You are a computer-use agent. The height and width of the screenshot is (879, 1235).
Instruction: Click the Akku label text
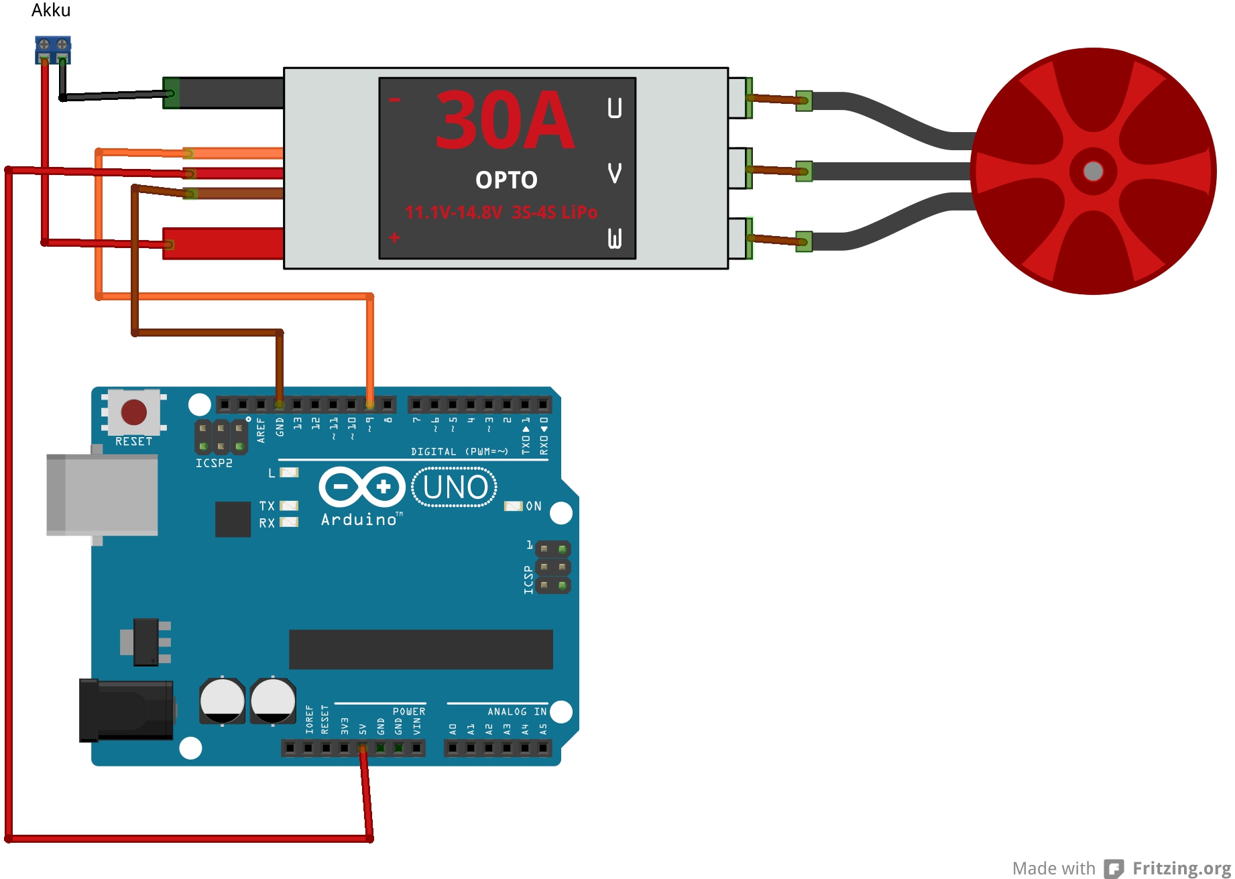click(51, 10)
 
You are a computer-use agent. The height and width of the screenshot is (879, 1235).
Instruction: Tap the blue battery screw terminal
click(53, 50)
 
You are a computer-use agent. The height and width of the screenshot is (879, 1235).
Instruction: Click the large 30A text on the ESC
click(504, 121)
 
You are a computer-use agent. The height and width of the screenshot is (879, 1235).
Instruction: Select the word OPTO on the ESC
click(506, 180)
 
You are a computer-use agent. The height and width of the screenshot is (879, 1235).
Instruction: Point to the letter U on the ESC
click(614, 108)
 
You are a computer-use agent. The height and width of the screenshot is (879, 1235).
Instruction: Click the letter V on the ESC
click(614, 173)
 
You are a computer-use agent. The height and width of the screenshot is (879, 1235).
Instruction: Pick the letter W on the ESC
click(614, 238)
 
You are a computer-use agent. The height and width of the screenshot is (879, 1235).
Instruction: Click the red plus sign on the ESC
click(394, 237)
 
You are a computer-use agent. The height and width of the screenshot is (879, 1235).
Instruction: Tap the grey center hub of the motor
click(1093, 171)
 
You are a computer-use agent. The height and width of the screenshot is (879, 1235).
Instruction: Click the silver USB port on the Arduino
click(102, 494)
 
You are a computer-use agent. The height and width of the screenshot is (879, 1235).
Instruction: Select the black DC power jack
click(126, 710)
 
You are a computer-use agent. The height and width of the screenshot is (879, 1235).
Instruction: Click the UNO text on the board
click(455, 487)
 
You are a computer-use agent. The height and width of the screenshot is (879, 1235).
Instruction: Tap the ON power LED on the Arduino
click(513, 506)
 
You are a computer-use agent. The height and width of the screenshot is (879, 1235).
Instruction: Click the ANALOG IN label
click(517, 711)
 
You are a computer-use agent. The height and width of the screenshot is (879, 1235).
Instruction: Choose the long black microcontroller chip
click(420, 649)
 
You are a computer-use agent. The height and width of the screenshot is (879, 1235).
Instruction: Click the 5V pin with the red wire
click(363, 748)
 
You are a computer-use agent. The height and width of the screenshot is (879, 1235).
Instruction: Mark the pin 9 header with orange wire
click(369, 404)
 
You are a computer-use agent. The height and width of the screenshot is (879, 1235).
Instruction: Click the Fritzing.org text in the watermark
click(1181, 868)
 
